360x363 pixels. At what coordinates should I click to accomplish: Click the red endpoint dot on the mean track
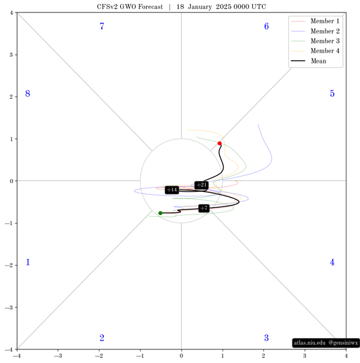coord(220,143)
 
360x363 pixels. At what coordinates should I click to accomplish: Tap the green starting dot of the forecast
coord(161,213)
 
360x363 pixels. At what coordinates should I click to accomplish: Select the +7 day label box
coord(204,208)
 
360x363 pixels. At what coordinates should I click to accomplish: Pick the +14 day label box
coord(172,190)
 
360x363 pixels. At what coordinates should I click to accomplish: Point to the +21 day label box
coord(201,185)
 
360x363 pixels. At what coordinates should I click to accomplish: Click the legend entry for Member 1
coord(315,21)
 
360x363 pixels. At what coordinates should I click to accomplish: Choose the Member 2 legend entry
coord(315,31)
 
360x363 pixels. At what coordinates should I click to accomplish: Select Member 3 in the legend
coord(315,41)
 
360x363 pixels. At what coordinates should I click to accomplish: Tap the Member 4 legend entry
coord(315,51)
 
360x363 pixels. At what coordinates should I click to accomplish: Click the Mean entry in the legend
coord(309,61)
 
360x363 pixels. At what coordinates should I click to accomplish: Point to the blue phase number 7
coord(102,26)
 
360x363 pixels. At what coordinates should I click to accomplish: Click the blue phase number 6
coord(266,26)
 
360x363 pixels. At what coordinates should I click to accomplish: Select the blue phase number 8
coord(28,94)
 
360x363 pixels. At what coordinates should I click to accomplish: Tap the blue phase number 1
coord(28,262)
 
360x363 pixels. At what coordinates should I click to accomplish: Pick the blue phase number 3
coord(266,338)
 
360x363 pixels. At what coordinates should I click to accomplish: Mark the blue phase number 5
coord(332,94)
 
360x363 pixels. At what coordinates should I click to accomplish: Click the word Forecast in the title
coord(150,7)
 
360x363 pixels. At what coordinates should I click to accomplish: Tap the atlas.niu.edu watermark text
coord(309,343)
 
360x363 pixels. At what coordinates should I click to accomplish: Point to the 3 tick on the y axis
coord(11,54)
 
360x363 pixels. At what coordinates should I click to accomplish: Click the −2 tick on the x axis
coord(99,356)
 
